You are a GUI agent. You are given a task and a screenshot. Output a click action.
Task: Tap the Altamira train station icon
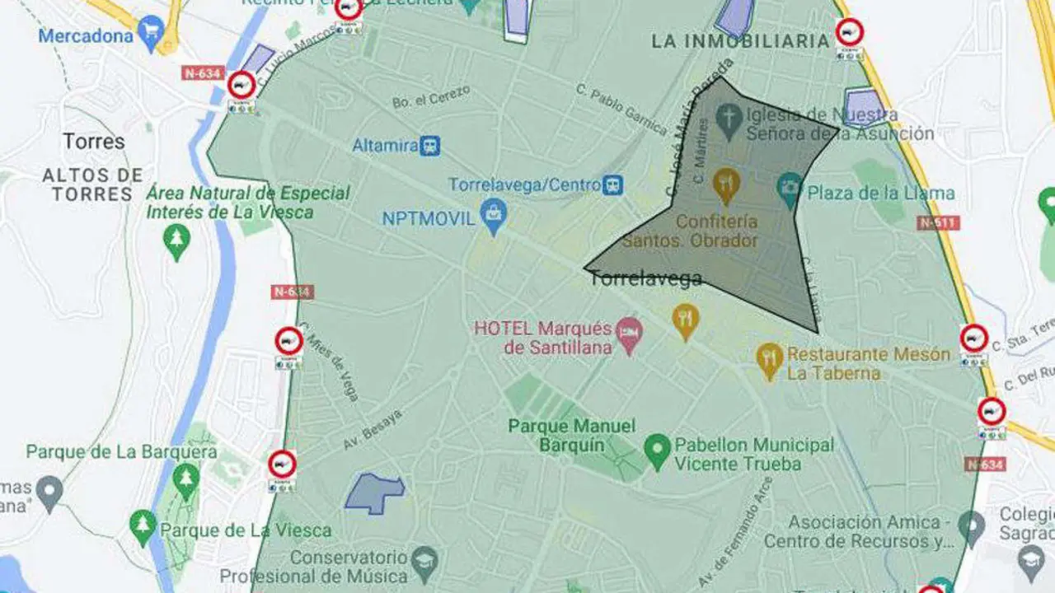(x=429, y=146)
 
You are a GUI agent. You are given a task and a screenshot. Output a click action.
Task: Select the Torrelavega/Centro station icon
(x=612, y=184)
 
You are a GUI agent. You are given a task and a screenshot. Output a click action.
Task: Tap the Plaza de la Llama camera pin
(x=790, y=189)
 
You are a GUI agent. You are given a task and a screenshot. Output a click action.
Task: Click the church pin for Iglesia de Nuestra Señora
(x=729, y=120)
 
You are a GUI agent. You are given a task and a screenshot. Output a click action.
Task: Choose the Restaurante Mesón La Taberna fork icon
(x=769, y=359)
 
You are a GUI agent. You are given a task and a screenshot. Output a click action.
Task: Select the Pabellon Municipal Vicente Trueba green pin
(x=657, y=451)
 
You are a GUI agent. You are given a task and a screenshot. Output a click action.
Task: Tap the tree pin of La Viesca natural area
(x=176, y=240)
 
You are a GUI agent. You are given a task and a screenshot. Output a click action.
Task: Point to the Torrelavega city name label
(x=645, y=278)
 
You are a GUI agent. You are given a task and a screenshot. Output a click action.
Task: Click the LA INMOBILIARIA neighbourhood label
(x=740, y=41)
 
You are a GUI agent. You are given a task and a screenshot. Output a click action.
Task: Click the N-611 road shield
(x=938, y=222)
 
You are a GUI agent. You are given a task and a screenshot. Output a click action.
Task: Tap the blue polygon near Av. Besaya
(x=374, y=493)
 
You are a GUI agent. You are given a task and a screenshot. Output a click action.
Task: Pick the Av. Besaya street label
(x=372, y=429)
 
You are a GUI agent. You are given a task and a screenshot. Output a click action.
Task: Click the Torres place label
(x=94, y=141)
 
